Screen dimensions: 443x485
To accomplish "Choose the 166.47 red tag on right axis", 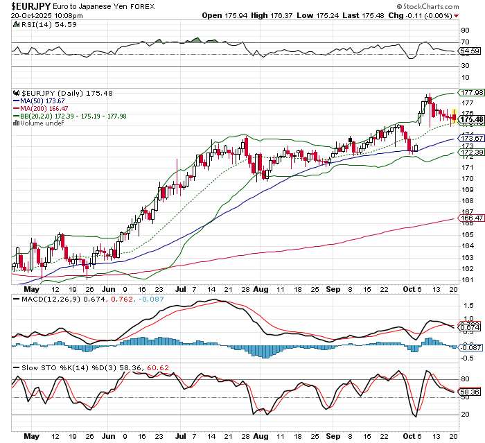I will coord(470,218).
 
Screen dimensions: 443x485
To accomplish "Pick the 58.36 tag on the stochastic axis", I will coord(470,392).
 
